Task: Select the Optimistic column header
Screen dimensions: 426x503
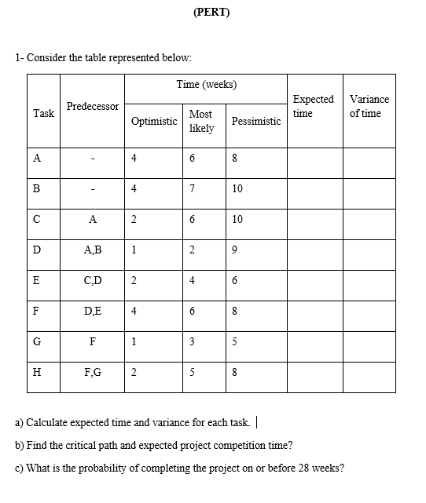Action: pyautogui.click(x=154, y=122)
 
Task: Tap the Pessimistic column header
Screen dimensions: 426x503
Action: pyautogui.click(x=256, y=122)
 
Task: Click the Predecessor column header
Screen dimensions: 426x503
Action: pyautogui.click(x=93, y=106)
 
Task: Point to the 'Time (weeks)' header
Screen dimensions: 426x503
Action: pyautogui.click(x=207, y=85)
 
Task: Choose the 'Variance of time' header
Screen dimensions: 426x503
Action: pyautogui.click(x=369, y=106)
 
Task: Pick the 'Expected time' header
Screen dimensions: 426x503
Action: pyautogui.click(x=313, y=106)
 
